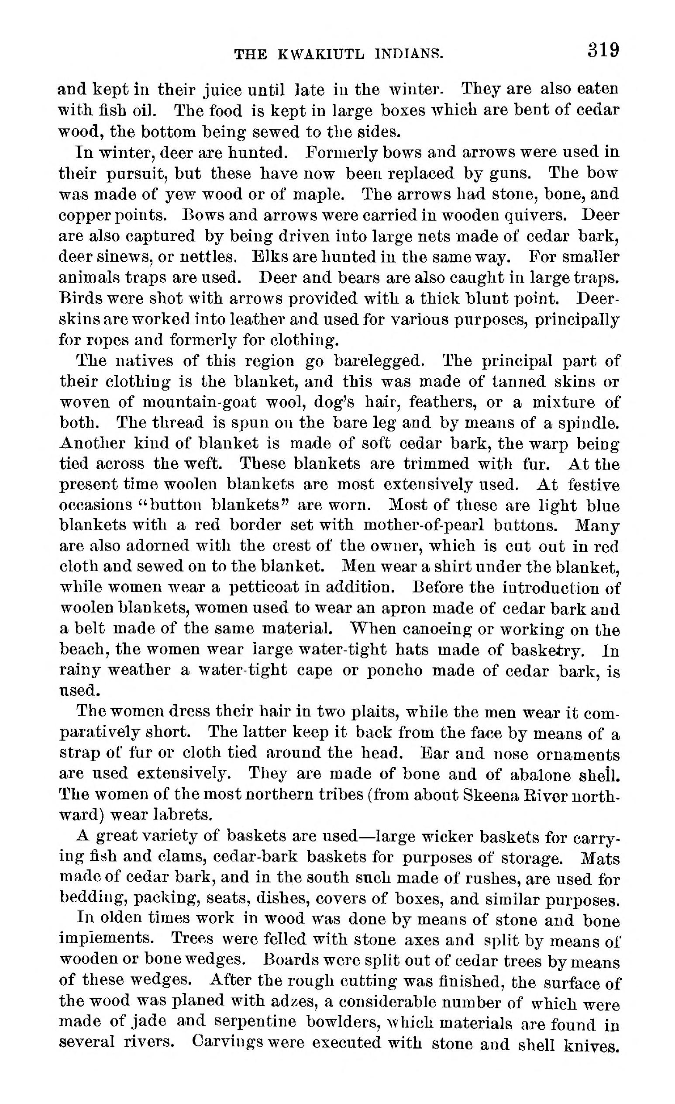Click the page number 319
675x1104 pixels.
coord(603,50)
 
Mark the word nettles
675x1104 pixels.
coord(203,258)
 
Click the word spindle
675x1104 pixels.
coord(589,423)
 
